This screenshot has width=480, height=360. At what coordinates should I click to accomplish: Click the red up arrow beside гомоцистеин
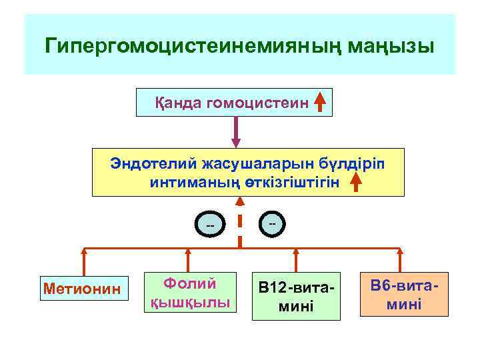tap(320, 102)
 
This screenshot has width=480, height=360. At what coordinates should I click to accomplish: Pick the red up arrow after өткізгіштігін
tap(357, 181)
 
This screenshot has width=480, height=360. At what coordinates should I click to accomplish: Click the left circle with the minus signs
tap(210, 226)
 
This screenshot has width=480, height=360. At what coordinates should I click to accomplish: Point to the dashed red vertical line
tap(240, 227)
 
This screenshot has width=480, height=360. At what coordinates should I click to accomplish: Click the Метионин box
tap(83, 289)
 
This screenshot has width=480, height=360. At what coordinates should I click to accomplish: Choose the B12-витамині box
tap(295, 297)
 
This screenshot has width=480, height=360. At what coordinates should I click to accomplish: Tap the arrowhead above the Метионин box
tap(84, 253)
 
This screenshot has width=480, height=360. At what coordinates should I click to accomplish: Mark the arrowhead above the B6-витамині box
tap(400, 253)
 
